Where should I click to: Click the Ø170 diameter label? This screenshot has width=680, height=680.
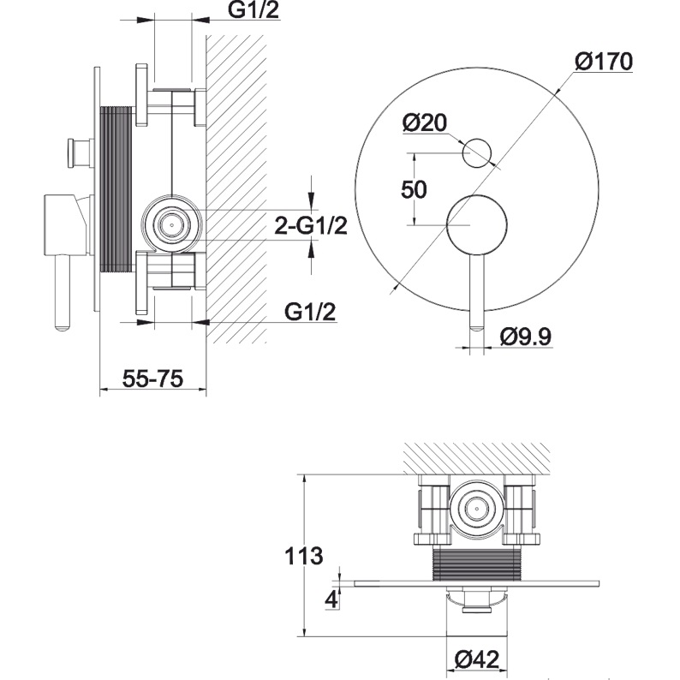click(604, 62)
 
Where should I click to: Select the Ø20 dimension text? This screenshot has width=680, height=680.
click(425, 123)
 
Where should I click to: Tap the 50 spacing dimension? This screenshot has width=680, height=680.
click(414, 189)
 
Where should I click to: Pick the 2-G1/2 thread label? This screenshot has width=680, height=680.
click(311, 226)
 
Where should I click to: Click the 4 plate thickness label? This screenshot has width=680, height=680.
click(330, 597)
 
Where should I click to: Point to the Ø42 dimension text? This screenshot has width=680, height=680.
click(476, 659)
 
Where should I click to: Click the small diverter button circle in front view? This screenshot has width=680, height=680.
click(476, 153)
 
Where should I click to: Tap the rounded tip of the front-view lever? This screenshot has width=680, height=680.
click(477, 324)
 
